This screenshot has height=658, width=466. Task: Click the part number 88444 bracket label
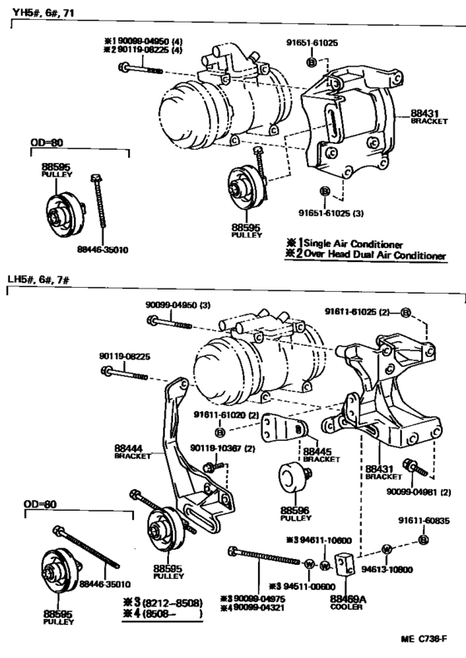132,452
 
